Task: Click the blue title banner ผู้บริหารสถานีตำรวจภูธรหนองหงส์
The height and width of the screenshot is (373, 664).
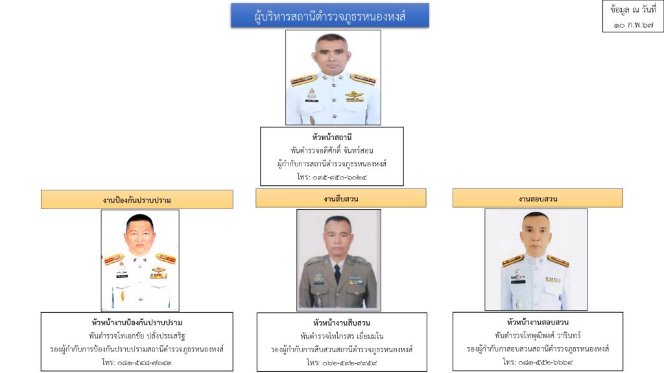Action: pos(329,16)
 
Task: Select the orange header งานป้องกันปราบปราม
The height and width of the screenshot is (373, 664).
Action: pos(137,199)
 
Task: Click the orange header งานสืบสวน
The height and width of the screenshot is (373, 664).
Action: pos(340,198)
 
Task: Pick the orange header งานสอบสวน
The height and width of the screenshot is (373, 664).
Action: pos(538,198)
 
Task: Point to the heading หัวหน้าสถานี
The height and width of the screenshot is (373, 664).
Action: pos(331,138)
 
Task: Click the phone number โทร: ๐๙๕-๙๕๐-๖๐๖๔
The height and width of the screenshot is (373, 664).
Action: pos(331,176)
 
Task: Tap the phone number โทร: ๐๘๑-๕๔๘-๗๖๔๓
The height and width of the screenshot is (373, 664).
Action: pos(137,362)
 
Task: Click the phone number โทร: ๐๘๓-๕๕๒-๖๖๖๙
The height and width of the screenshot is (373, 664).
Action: pos(538,362)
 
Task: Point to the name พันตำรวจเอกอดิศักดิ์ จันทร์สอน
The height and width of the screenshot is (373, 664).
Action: pos(331,151)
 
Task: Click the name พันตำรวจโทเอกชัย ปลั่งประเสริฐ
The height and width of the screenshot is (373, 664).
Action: pos(137,335)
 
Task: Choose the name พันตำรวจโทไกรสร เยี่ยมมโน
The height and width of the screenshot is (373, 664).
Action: pos(342,336)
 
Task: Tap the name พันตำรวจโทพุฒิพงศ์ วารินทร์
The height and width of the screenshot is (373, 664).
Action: pos(538,335)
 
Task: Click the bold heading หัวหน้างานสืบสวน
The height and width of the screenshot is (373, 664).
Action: pos(342,322)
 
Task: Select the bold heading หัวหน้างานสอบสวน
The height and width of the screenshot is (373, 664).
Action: pos(538,322)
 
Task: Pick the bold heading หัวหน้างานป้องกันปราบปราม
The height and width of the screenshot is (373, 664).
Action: pos(137,322)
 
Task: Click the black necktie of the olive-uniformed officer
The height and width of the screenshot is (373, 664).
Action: pos(337,274)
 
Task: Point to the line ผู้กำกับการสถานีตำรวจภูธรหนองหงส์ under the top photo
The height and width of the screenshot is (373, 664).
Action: pos(331,163)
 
